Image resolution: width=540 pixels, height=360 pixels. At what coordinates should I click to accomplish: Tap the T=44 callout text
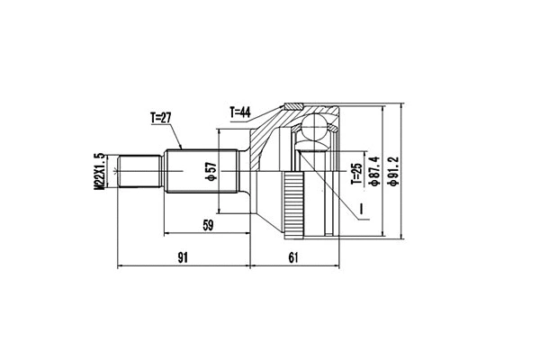[x=242, y=112]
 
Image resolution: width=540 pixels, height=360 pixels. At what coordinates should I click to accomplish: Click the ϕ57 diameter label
[x=211, y=171]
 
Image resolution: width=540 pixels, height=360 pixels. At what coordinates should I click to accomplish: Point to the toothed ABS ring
[x=292, y=205]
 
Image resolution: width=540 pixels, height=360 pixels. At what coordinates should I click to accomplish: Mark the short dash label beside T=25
[x=357, y=211]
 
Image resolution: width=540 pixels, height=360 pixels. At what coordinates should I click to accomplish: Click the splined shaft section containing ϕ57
[x=198, y=171]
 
